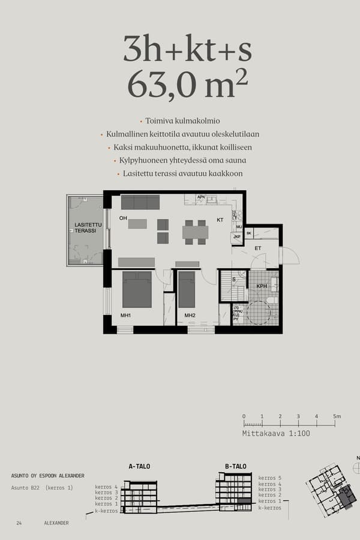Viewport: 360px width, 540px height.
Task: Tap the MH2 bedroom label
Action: point(190,316)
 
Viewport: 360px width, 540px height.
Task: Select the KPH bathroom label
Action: point(262,286)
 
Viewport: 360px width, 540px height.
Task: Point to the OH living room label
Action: point(123,218)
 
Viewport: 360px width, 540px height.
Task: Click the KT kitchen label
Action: point(220,220)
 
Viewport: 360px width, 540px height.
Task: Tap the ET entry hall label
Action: point(258,248)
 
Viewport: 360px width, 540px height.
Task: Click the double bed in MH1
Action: point(137,289)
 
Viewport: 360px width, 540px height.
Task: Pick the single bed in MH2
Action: point(187,289)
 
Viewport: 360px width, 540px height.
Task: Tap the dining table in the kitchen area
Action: point(195,232)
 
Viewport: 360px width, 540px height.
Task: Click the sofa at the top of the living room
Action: point(140,202)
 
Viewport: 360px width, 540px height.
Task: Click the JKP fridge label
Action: point(237,237)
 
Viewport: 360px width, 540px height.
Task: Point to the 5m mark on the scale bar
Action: point(337,416)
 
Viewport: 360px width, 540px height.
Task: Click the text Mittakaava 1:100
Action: point(276,433)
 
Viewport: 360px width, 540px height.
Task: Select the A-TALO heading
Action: point(139,466)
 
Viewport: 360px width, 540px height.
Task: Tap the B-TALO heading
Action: point(236,466)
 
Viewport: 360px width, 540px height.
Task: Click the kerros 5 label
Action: point(269,478)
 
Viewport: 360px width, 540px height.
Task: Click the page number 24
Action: point(20,523)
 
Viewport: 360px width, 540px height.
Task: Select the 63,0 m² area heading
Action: point(187,86)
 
